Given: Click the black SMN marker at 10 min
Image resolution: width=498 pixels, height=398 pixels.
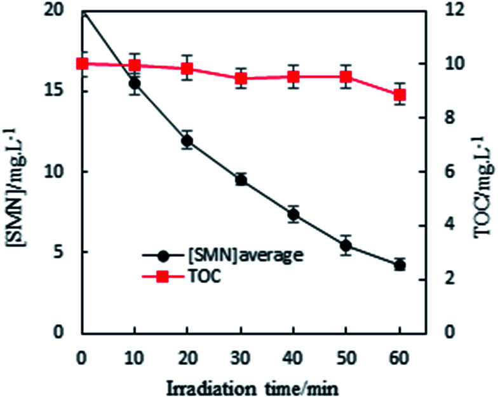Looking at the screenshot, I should [x=135, y=83].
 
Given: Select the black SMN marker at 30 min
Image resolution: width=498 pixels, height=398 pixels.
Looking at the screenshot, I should [x=241, y=180].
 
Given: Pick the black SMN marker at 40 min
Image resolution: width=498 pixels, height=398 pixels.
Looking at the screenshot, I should [x=293, y=214].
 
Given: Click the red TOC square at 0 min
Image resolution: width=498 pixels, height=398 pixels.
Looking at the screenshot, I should [x=81, y=64].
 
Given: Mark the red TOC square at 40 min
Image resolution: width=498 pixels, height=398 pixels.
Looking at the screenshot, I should [x=293, y=77].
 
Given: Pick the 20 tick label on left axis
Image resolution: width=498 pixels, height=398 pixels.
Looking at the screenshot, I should [x=58, y=10].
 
